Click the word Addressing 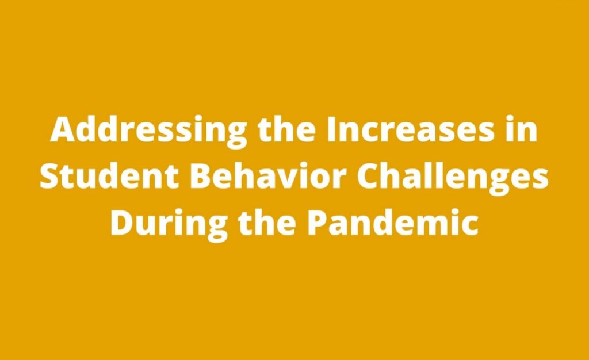pos(149,131)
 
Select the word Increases pos(410,129)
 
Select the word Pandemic pos(393,222)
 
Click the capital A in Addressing pos(63,129)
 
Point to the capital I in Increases pos(331,129)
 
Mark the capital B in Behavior pos(201,176)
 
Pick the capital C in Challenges pos(368,176)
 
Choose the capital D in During pos(123,223)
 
